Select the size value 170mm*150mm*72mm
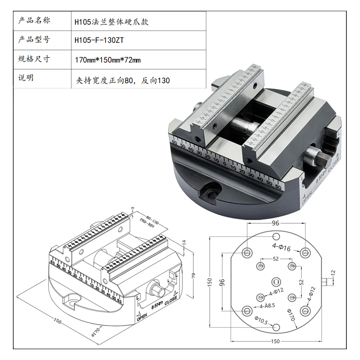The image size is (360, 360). [x=108, y=60]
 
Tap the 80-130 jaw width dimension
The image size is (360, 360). [x=152, y=219]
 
